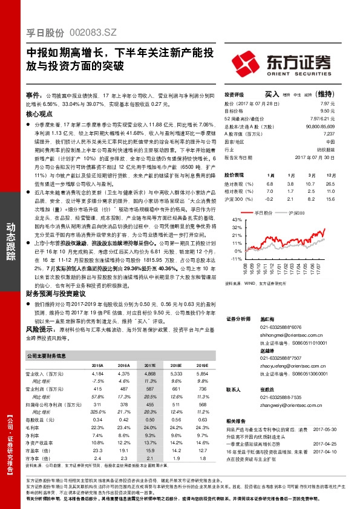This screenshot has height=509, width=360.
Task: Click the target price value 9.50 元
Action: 327,112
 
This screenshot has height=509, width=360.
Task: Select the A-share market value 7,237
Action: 329,134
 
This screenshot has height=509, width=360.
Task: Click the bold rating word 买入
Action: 272,94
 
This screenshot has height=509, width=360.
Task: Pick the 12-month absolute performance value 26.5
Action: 329,183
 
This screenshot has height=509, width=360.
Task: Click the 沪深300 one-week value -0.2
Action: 270,198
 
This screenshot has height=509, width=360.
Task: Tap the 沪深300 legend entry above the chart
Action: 295,213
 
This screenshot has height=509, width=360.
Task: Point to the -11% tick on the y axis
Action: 230,258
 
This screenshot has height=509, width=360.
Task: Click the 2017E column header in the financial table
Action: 149,366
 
